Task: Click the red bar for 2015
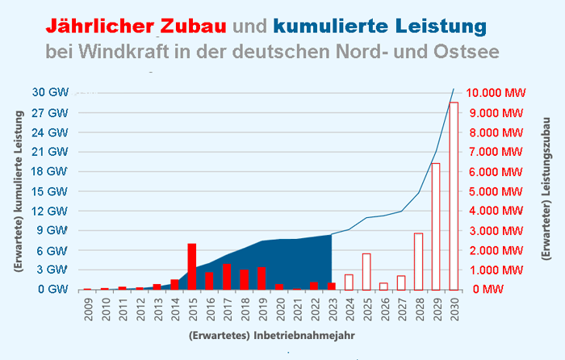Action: tap(192, 266)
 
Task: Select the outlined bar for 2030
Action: tap(454, 195)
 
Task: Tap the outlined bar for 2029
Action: tap(436, 226)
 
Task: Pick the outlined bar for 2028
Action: tap(418, 261)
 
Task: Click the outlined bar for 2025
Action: tap(366, 271)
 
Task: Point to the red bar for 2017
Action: tap(227, 277)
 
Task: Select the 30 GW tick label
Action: tap(51, 92)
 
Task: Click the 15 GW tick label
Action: tap(51, 190)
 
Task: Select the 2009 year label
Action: tap(87, 308)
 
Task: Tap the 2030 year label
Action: tap(454, 308)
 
